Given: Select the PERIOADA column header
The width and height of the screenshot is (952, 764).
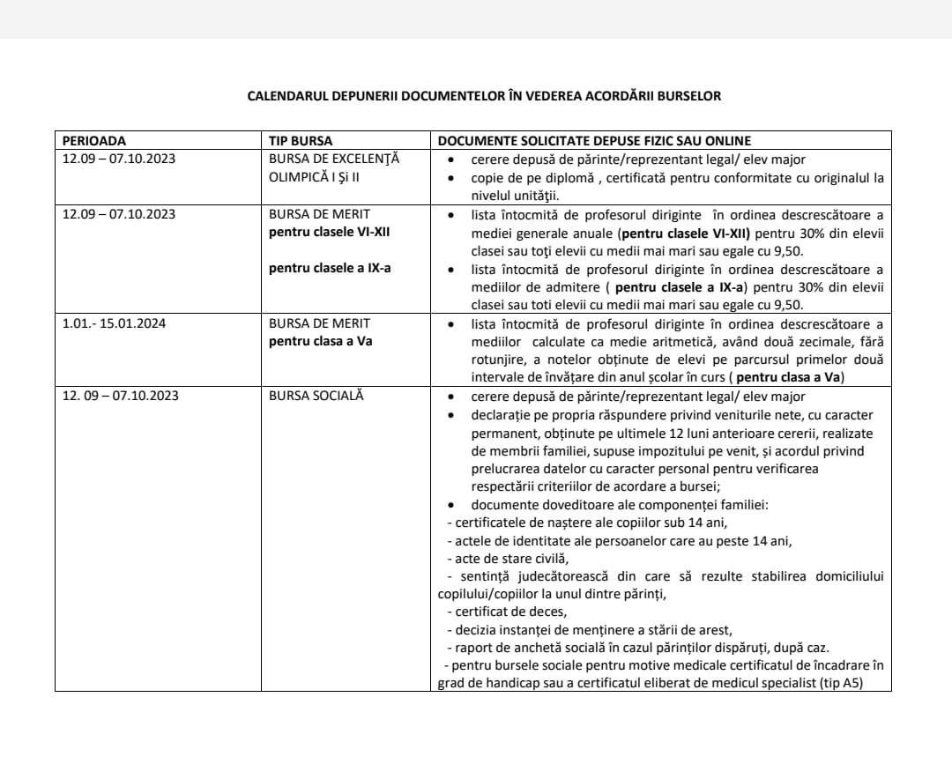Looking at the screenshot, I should click(x=94, y=141).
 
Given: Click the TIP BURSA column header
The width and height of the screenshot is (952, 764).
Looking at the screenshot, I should click(x=301, y=141).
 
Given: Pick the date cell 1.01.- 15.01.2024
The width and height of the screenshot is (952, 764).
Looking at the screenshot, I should click(x=114, y=323).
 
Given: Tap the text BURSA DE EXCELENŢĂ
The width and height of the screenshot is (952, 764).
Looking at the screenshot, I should click(x=334, y=159).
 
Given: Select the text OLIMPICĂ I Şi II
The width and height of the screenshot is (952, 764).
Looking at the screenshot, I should click(x=319, y=177).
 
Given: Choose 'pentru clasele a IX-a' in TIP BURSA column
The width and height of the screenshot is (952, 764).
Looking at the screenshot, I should click(x=330, y=268).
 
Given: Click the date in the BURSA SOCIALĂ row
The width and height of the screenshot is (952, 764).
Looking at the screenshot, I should click(x=120, y=396).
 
